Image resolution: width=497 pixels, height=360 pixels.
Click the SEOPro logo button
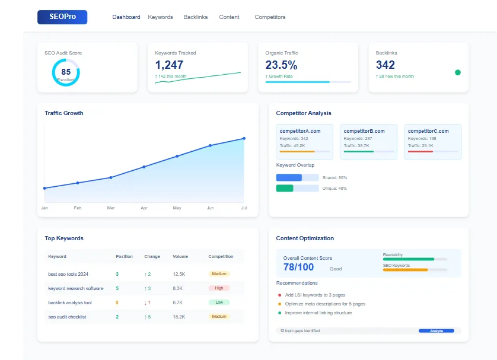[62, 17]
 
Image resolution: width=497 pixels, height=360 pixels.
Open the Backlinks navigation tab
[196, 17]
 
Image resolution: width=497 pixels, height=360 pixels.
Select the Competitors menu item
[270, 17]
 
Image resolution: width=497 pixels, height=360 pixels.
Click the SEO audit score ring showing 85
[66, 72]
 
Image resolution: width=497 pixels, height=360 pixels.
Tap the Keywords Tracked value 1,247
[169, 65]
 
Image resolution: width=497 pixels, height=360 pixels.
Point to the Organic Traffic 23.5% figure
[281, 65]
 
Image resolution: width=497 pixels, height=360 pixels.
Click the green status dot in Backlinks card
[457, 72]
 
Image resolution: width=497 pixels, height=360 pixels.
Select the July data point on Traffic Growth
[244, 138]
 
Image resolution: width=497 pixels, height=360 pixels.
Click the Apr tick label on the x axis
[144, 208]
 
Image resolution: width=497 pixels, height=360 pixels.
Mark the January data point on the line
[44, 188]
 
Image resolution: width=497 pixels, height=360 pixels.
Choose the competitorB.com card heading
[364, 131]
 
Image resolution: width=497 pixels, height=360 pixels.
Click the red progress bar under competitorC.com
[420, 151]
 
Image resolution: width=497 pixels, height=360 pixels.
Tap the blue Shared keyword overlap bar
[289, 177]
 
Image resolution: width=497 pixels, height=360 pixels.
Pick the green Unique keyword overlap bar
[285, 188]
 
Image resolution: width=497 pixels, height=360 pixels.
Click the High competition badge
[219, 288]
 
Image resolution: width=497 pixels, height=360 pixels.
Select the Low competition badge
[219, 302]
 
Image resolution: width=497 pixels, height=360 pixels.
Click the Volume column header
[180, 257]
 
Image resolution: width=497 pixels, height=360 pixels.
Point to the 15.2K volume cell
[179, 317]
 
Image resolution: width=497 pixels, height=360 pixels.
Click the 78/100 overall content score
[299, 267]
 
